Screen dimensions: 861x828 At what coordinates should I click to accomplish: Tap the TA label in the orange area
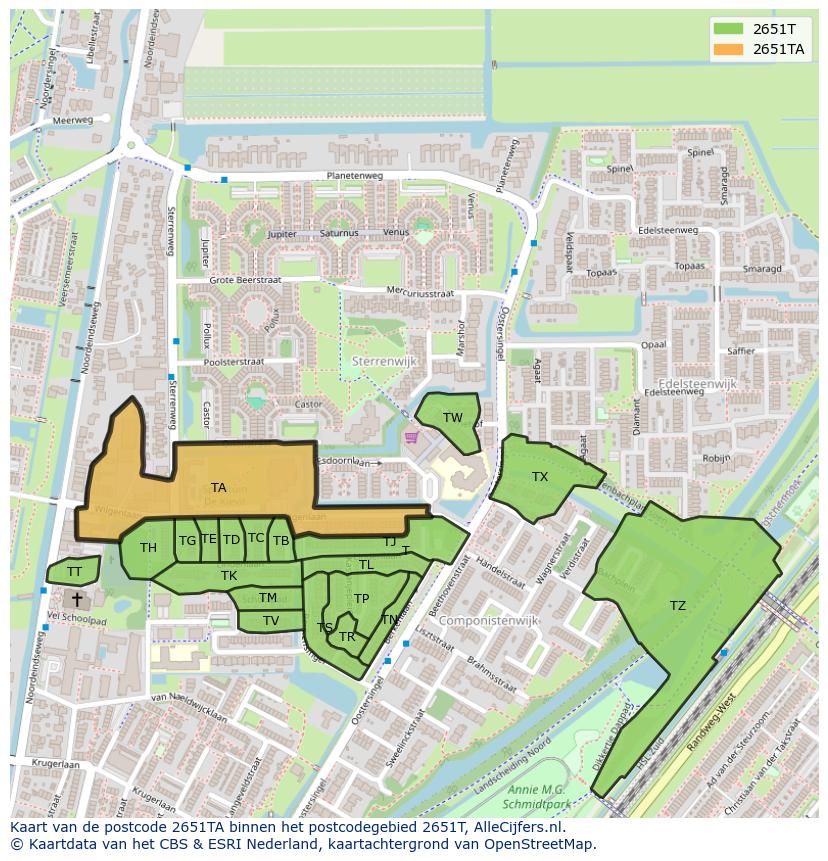218,488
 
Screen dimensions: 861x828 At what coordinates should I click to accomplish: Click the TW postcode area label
453,417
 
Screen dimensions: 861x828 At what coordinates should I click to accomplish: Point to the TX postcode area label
540,477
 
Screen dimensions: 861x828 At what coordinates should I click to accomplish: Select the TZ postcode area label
678,606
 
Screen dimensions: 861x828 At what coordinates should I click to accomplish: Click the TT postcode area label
74,572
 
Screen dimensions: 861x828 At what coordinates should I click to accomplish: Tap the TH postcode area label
148,548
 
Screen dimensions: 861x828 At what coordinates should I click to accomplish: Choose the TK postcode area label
229,576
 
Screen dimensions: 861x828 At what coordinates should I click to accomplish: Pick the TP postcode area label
361,599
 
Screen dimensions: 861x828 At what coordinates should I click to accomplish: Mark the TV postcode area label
271,621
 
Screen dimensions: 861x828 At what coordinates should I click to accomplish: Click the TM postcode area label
268,598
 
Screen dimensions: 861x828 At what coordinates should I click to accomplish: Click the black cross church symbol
77,598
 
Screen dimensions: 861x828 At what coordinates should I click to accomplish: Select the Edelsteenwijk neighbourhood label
696,383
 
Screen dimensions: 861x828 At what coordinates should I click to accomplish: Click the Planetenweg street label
354,176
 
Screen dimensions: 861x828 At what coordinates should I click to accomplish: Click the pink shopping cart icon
410,438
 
